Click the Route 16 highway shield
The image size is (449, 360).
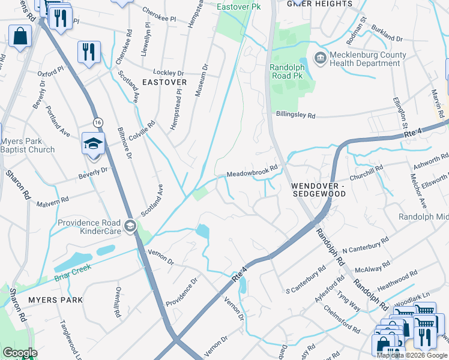98,122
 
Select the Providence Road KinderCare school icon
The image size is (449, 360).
130,227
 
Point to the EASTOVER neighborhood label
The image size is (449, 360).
164,82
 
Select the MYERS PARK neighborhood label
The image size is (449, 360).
55,299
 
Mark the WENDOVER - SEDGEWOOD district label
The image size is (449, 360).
318,190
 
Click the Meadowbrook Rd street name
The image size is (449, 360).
252,172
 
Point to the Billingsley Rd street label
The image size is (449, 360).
304,114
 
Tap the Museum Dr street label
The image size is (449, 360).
201,80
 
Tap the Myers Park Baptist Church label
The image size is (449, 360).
28,146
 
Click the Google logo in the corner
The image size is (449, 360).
20,353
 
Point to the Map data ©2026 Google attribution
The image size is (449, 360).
412,355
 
